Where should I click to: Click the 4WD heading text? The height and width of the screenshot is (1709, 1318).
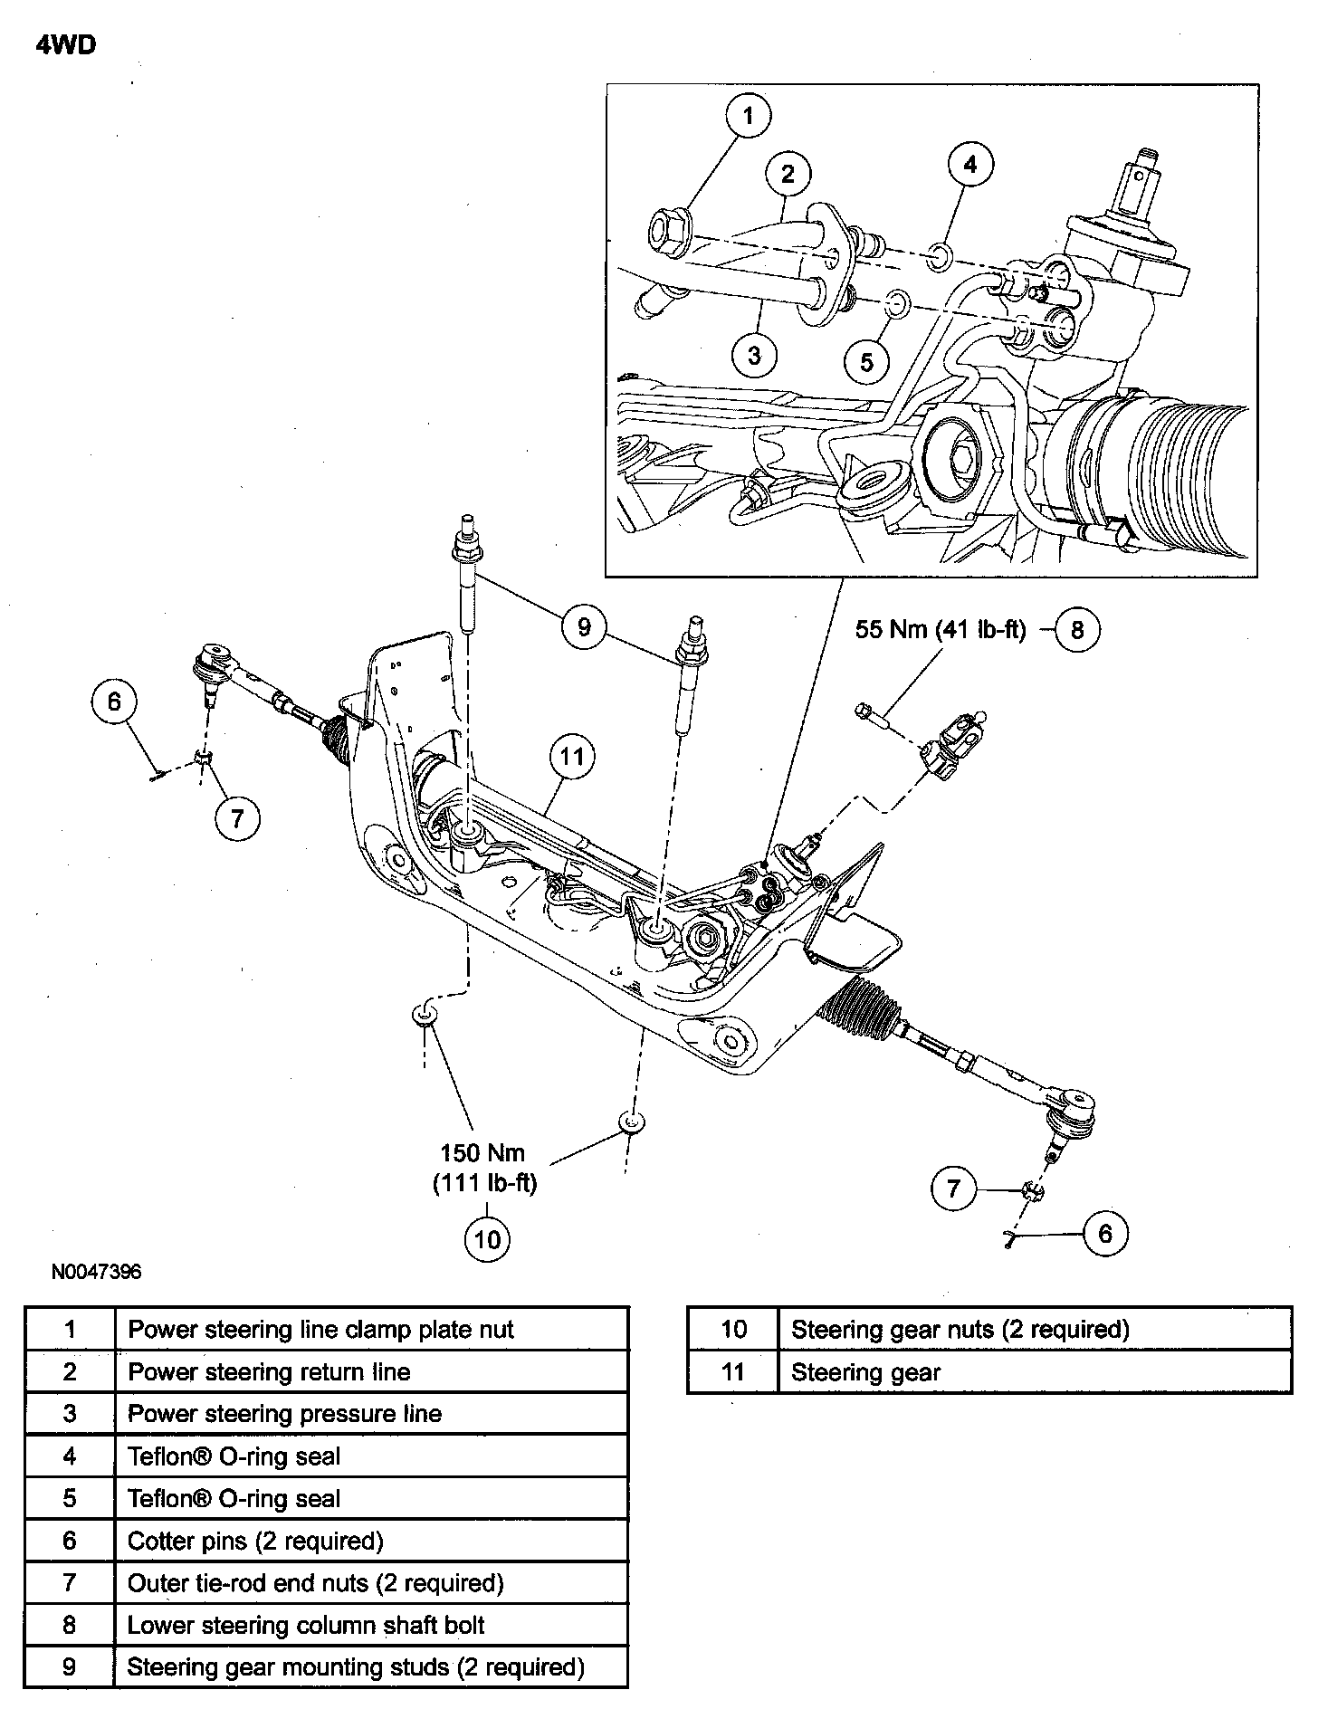(x=66, y=45)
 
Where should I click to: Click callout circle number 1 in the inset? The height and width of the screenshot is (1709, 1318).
(x=748, y=116)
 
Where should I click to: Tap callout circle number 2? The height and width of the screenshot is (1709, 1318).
(x=788, y=173)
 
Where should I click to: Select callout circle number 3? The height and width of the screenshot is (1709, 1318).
(x=754, y=355)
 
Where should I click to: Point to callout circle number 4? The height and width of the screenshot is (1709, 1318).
(x=970, y=165)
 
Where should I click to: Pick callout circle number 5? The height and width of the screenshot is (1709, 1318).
(x=867, y=361)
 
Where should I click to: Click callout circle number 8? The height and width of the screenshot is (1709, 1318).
(x=1076, y=629)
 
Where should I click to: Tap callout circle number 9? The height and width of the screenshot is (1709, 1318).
(x=584, y=626)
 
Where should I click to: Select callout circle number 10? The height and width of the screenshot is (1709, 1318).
(x=487, y=1238)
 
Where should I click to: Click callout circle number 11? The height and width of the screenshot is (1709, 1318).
(x=572, y=756)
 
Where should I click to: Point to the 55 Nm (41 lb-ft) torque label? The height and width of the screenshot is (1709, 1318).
(x=941, y=629)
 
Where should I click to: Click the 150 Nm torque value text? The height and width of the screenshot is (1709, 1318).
(x=482, y=1153)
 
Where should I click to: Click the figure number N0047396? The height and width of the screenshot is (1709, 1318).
(x=96, y=1272)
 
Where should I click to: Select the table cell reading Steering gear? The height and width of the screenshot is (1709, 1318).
(x=1035, y=1372)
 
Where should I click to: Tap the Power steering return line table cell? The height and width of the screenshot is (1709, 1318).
(x=371, y=1371)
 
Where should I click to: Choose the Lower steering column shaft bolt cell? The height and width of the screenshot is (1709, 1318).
(x=371, y=1625)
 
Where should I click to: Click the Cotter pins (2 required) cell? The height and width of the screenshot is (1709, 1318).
(x=371, y=1541)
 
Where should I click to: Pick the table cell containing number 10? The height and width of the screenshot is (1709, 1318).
(x=733, y=1330)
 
